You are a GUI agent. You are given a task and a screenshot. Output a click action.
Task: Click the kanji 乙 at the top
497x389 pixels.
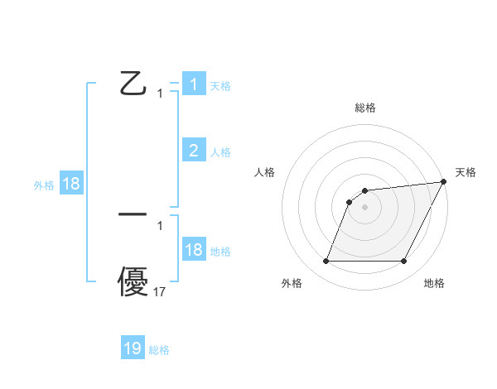click(x=133, y=84)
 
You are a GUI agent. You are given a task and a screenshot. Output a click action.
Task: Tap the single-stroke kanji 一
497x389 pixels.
click(x=133, y=214)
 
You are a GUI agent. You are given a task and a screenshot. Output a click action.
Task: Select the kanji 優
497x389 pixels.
click(x=133, y=282)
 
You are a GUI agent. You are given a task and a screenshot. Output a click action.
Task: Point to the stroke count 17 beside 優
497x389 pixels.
click(x=160, y=291)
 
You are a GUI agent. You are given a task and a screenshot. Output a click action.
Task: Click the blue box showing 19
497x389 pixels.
click(x=133, y=348)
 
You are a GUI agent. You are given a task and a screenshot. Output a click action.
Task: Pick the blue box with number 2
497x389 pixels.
click(x=194, y=150)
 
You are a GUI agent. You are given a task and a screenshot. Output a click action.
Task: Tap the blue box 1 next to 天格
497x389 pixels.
click(x=194, y=84)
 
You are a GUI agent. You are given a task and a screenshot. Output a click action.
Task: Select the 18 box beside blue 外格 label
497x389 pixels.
click(x=71, y=184)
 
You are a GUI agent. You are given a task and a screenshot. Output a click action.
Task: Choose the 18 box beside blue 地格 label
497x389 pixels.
click(x=194, y=250)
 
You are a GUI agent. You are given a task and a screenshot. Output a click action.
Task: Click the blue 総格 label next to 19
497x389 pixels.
click(x=159, y=350)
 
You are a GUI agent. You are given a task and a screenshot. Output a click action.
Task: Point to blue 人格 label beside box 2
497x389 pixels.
click(x=220, y=152)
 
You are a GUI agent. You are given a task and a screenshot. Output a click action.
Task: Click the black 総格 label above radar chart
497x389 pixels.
click(x=365, y=108)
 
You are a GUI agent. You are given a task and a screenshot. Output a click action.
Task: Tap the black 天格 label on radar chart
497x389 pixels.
click(x=466, y=172)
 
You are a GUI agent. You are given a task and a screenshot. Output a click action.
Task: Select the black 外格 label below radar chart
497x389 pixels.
click(x=292, y=283)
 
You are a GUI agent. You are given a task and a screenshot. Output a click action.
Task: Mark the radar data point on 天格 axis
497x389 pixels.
click(x=444, y=182)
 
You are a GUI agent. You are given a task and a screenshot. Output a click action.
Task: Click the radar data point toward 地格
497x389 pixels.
click(x=404, y=262)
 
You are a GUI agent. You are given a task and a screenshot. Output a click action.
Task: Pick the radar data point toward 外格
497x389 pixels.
click(x=326, y=262)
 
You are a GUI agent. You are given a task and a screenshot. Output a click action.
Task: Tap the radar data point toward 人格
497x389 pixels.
click(x=350, y=202)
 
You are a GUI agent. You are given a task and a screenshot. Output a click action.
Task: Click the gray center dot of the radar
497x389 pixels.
click(x=365, y=207)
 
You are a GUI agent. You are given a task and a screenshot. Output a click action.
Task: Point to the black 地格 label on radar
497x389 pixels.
click(x=434, y=283)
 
